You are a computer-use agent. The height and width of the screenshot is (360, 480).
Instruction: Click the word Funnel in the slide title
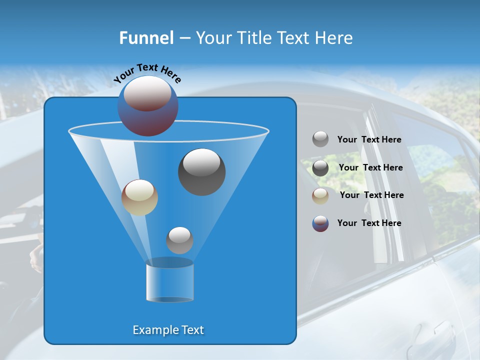click(x=146, y=38)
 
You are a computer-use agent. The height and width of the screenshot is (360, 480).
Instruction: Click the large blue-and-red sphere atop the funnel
click(x=148, y=106)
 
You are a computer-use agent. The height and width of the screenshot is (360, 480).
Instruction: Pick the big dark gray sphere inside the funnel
click(x=202, y=171)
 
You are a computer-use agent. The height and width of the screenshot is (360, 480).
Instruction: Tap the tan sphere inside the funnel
click(x=139, y=197)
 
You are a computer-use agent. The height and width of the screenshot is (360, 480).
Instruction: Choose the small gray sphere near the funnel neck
click(x=179, y=240)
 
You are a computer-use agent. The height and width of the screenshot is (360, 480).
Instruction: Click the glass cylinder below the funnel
click(x=170, y=283)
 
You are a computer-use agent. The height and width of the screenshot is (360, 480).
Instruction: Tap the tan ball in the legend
click(x=320, y=196)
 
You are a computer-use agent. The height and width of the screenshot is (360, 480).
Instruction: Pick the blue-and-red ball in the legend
click(x=320, y=223)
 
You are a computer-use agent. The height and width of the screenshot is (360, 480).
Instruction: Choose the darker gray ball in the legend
click(x=320, y=168)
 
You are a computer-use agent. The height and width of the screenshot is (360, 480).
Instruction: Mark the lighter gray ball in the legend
click(x=320, y=139)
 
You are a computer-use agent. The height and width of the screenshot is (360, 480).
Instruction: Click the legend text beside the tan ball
click(x=371, y=195)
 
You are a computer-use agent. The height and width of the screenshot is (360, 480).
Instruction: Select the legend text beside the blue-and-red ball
click(x=369, y=223)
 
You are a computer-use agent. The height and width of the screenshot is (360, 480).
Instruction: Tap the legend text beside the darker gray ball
click(x=370, y=167)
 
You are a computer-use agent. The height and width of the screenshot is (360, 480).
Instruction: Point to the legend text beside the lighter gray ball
click(x=369, y=139)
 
